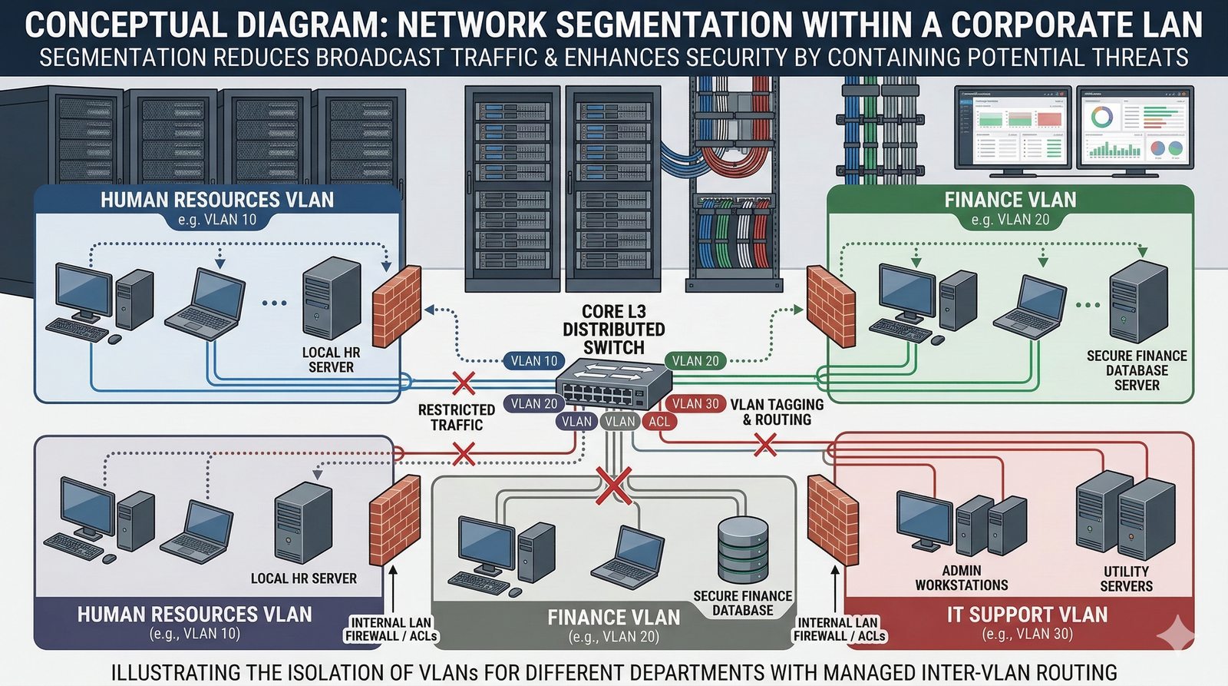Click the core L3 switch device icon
click(x=612, y=384)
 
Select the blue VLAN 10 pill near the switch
click(x=534, y=361)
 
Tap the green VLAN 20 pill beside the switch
click(x=695, y=361)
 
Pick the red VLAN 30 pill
click(x=695, y=404)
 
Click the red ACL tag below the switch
click(x=659, y=421)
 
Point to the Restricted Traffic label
click(x=457, y=417)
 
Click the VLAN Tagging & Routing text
click(x=777, y=412)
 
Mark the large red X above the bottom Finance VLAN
click(x=614, y=486)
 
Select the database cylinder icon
click(x=742, y=549)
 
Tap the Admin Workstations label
click(x=962, y=578)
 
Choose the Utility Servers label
click(x=1126, y=578)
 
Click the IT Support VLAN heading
click(x=1027, y=615)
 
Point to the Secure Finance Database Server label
click(x=1137, y=370)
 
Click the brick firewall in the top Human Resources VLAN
click(x=397, y=306)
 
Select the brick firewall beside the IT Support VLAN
click(x=833, y=519)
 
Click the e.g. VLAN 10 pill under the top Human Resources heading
click(x=216, y=220)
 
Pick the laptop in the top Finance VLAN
click(x=1031, y=304)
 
